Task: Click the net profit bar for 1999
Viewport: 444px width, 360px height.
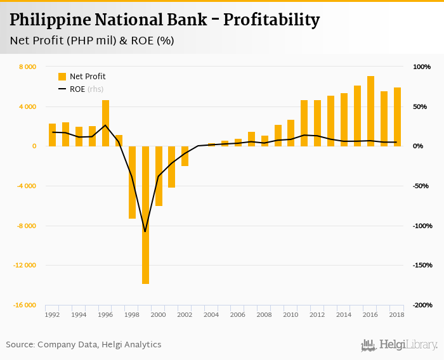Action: pos(145,215)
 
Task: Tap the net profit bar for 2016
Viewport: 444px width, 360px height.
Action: pos(370,111)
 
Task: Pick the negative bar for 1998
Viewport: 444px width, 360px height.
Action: pos(132,183)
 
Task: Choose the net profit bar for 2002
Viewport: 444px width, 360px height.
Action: pos(185,156)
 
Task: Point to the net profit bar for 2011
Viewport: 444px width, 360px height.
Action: pos(304,123)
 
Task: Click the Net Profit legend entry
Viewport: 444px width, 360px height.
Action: pos(82,77)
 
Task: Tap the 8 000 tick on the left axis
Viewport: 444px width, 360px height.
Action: pos(27,67)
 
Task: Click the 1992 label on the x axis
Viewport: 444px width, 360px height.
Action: pos(53,314)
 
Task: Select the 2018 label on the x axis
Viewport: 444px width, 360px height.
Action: pos(397,314)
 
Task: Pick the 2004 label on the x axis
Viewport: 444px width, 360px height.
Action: pos(211,314)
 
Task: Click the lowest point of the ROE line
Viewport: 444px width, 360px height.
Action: pos(145,232)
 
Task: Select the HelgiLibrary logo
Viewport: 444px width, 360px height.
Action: pos(399,345)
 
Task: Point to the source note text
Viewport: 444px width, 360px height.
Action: pos(84,345)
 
